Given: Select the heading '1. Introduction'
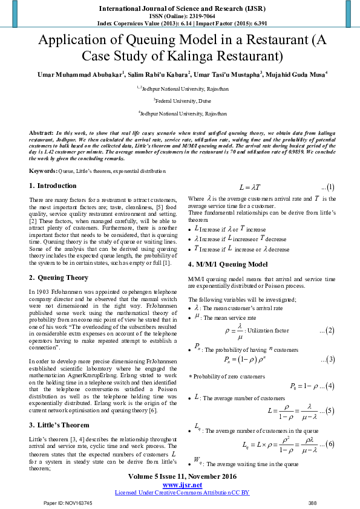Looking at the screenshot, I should [x=54, y=186].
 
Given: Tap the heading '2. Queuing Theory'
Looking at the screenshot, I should [x=59, y=277].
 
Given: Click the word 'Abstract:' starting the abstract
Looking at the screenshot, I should [x=42, y=132].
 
